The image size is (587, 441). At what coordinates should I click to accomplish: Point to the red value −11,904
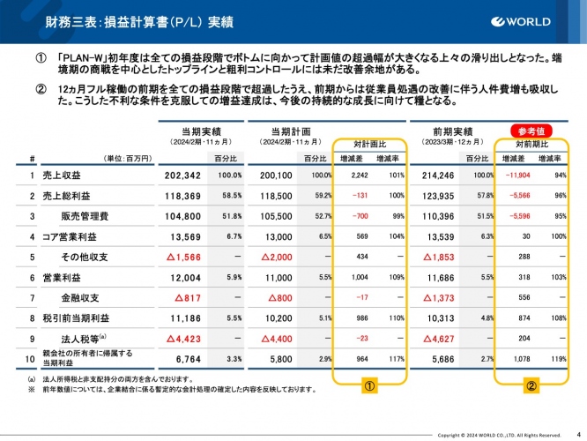(515, 176)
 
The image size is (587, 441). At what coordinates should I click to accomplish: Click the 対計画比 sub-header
(371, 142)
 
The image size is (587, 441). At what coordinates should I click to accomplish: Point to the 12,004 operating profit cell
(183, 276)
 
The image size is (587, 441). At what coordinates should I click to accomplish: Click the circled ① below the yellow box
(371, 385)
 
